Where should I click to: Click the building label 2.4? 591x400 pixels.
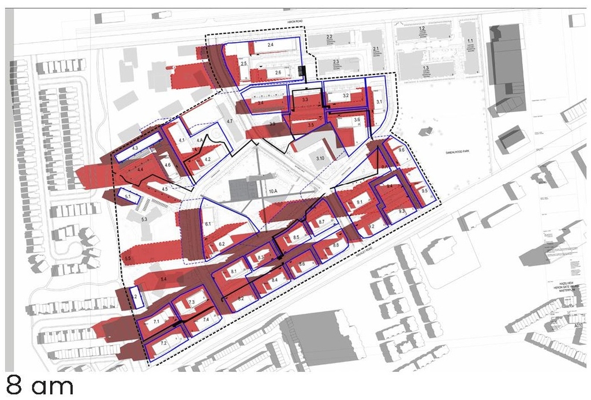tap(270, 44)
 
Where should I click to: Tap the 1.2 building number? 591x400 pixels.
tap(422, 28)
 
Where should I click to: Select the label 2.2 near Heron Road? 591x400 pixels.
tap(329, 36)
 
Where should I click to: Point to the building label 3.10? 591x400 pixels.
tap(321, 158)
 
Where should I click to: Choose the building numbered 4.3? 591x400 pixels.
tap(136, 149)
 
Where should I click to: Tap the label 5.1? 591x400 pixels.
tap(129, 197)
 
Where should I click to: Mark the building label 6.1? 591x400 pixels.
tap(208, 223)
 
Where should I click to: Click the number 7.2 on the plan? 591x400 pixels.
tap(163, 343)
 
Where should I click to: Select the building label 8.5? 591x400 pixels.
tap(296, 237)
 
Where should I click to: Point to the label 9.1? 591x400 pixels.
tap(359, 202)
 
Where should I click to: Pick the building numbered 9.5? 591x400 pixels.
tap(425, 190)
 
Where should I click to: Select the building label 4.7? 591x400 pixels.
tap(229, 121)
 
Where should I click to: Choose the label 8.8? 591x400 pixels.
tap(336, 246)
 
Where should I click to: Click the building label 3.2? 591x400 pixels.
tap(346, 95)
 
